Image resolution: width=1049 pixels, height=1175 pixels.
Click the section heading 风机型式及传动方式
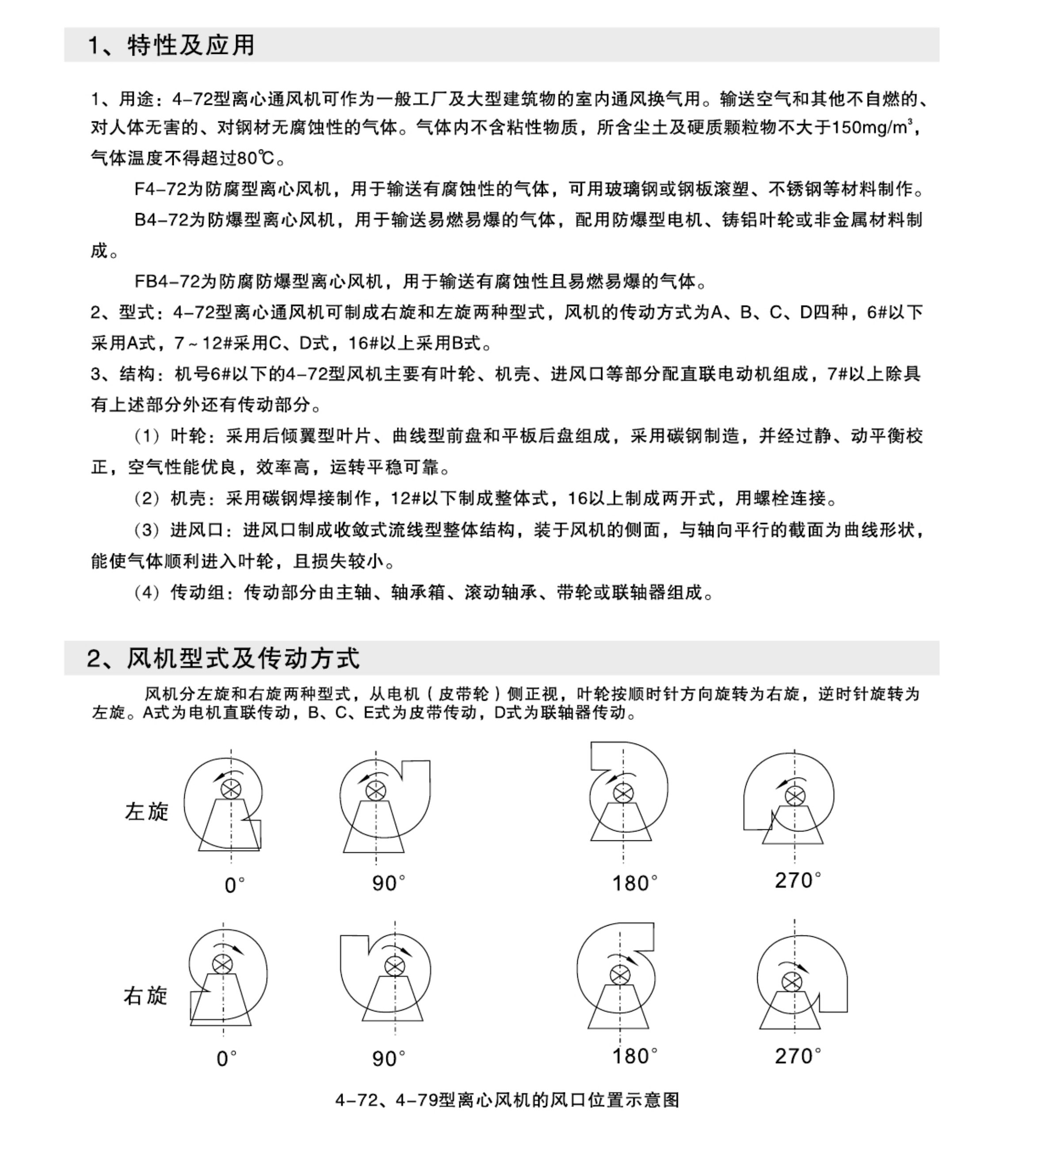coord(243,658)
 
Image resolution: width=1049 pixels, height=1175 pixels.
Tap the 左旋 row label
coord(146,812)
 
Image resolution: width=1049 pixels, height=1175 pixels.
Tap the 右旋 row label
coord(145,995)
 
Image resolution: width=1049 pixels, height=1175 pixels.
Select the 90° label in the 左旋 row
coord(388,882)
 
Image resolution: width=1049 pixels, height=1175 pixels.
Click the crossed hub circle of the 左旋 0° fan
coord(231,790)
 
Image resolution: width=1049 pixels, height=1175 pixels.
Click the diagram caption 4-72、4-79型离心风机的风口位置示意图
coord(507,1099)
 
